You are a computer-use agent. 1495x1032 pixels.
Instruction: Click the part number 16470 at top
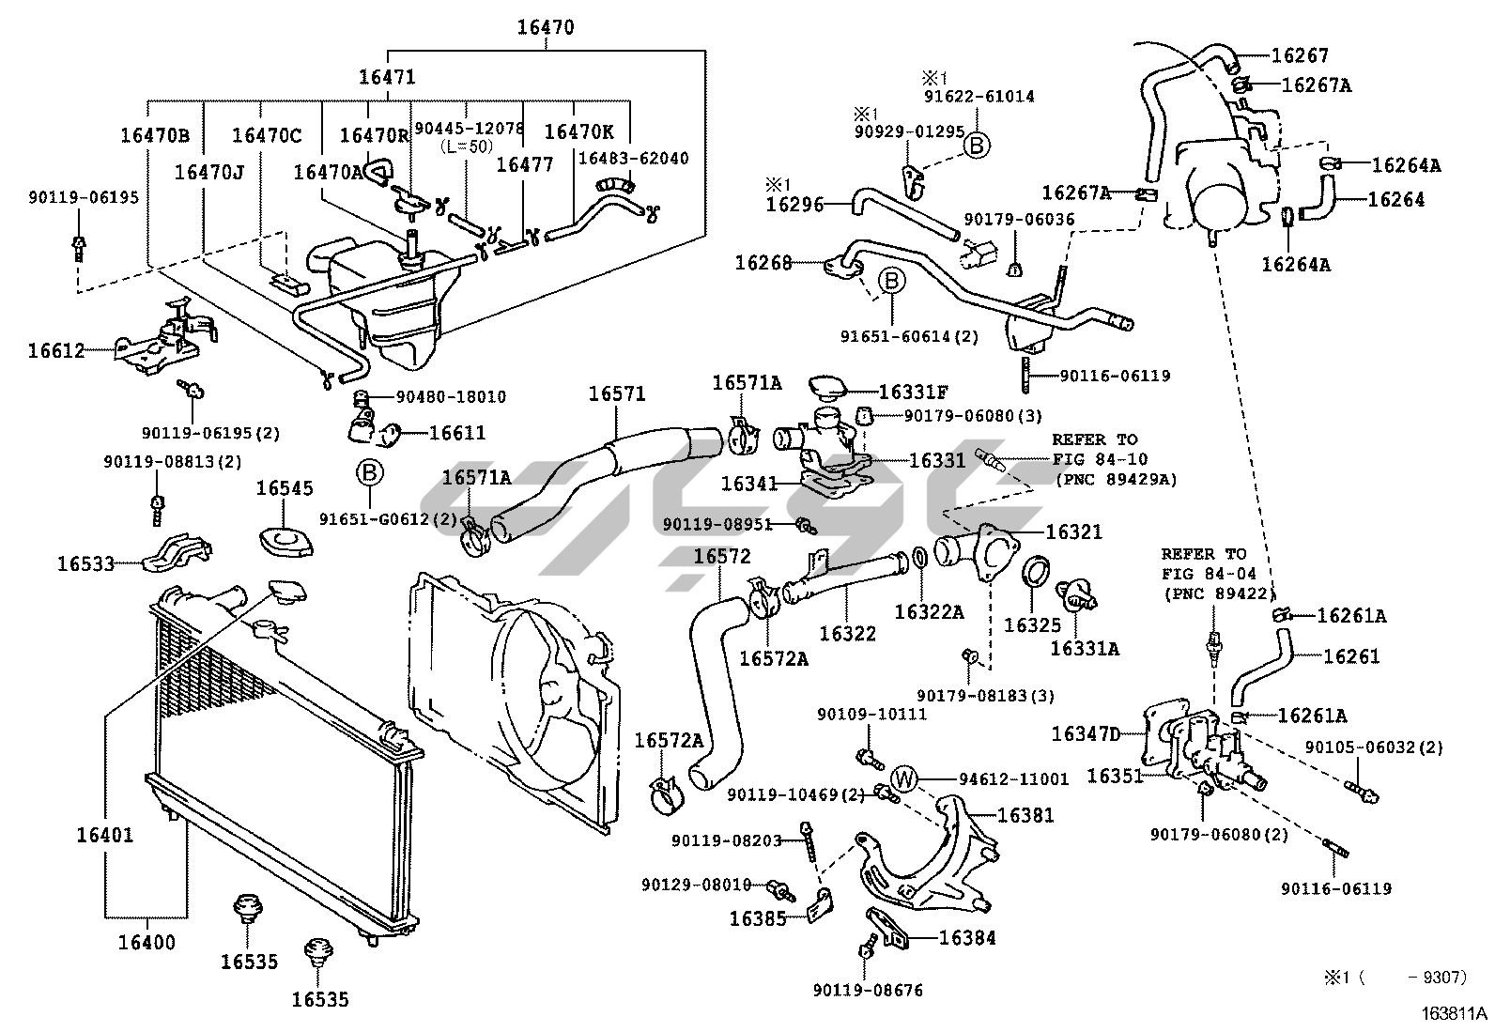pyautogui.click(x=546, y=27)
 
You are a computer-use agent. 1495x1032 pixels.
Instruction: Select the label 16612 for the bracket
pyautogui.click(x=56, y=350)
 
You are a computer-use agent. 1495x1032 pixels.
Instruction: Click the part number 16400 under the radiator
pyautogui.click(x=146, y=943)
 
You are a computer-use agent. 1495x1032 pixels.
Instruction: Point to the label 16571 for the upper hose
pyautogui.click(x=617, y=394)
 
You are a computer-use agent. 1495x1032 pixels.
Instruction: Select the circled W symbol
pyautogui.click(x=904, y=778)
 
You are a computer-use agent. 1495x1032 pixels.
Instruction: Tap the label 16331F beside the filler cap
pyautogui.click(x=913, y=392)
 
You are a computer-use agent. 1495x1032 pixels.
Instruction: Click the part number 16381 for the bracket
pyautogui.click(x=1025, y=815)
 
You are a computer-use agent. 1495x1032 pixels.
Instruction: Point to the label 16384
pyautogui.click(x=967, y=938)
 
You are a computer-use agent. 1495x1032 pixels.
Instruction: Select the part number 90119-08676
pyautogui.click(x=868, y=990)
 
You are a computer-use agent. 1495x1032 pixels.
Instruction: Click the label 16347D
pyautogui.click(x=1086, y=734)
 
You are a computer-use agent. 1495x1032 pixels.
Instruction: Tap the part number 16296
pyautogui.click(x=794, y=205)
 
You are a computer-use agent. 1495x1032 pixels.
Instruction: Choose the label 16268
pyautogui.click(x=763, y=263)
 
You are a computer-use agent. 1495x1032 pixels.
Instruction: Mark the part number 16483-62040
pyautogui.click(x=633, y=158)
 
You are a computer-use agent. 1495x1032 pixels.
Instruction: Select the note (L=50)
pyautogui.click(x=467, y=146)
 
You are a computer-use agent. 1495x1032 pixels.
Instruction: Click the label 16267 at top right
pyautogui.click(x=1300, y=55)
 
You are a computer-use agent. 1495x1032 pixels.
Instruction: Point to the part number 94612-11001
pyautogui.click(x=1014, y=779)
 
